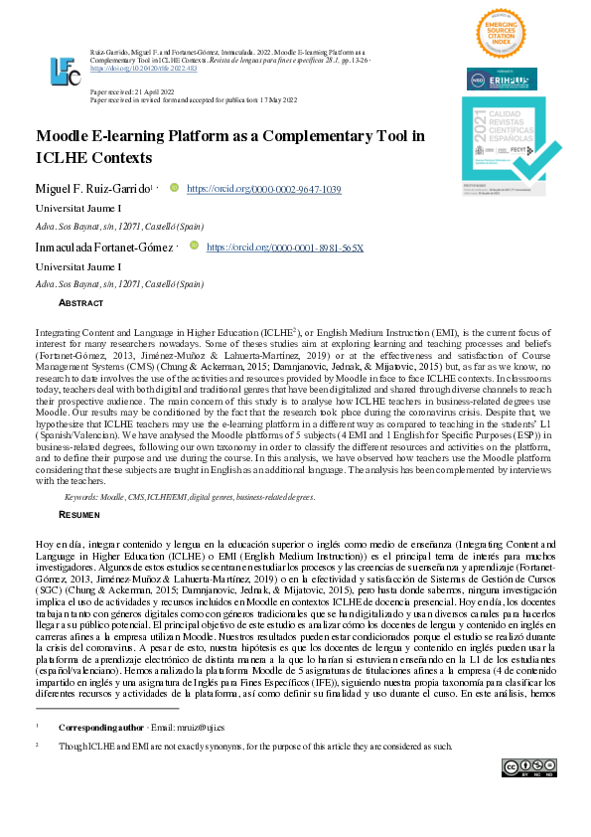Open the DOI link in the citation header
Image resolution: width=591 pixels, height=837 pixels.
coord(143,69)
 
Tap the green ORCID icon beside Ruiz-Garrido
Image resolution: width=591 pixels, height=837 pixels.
coord(174,187)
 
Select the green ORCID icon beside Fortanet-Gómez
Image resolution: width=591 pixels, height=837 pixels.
coord(194,246)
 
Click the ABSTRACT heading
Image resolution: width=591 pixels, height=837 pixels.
coord(80,302)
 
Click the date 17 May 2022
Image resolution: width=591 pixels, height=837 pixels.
coord(310,99)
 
